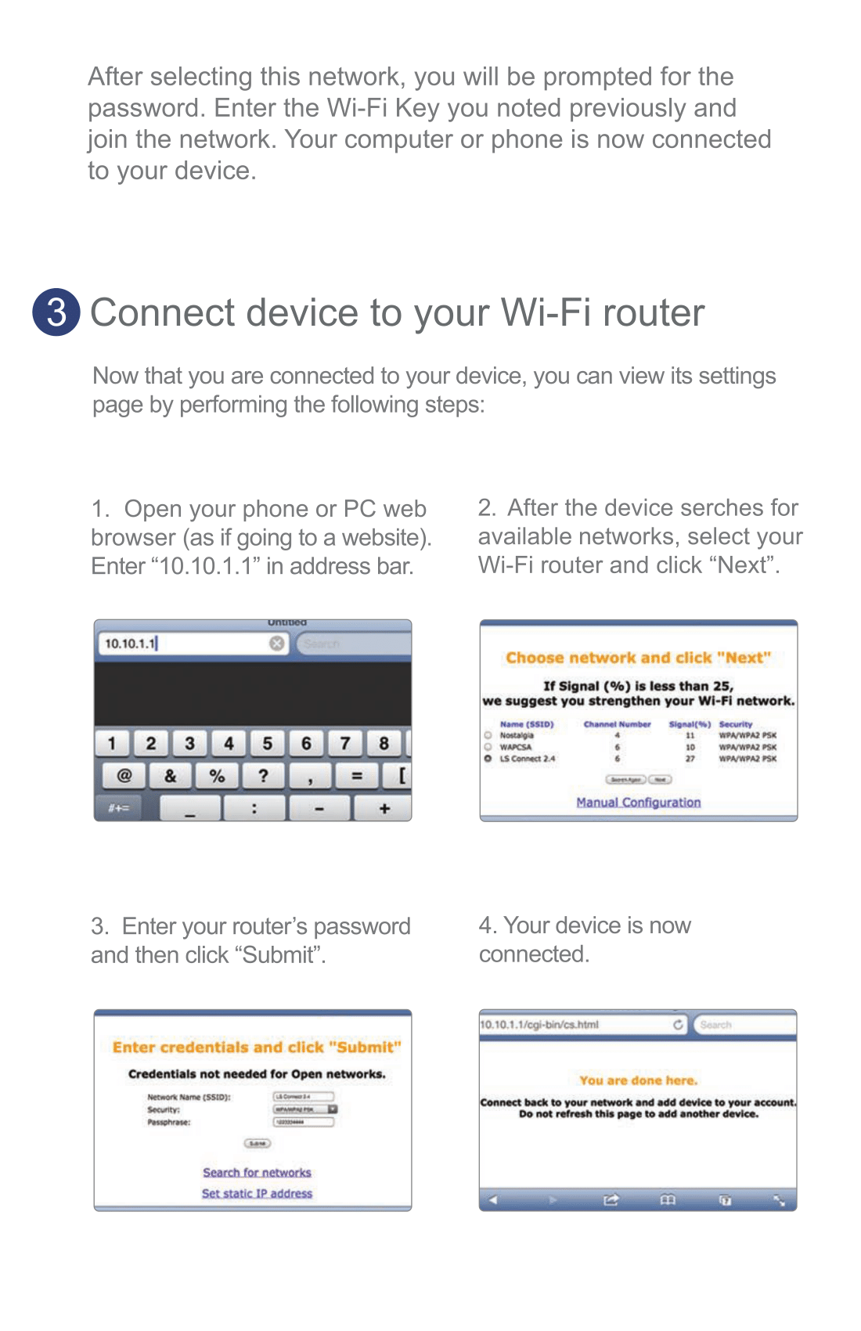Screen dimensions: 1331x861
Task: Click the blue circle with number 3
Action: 56,312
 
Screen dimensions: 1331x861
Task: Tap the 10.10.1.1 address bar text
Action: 130,644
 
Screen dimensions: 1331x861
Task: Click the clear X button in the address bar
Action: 277,644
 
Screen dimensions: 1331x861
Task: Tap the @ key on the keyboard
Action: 124,776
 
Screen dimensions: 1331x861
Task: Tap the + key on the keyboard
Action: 384,809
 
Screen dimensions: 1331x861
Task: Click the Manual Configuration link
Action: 638,803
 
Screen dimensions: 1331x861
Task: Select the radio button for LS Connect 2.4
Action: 488,759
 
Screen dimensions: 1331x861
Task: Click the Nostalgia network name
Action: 517,736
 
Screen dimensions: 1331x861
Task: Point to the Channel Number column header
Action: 617,724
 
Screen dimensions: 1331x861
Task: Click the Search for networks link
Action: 257,1173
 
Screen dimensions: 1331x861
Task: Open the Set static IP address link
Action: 257,1194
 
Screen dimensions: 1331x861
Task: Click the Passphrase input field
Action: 303,1122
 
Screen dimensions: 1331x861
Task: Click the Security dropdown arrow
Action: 333,1109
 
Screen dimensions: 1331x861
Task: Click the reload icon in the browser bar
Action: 678,1024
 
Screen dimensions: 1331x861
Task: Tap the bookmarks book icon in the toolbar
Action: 667,1200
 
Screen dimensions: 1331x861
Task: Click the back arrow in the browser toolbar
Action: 493,1200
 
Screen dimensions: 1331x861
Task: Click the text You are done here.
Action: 638,1080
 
